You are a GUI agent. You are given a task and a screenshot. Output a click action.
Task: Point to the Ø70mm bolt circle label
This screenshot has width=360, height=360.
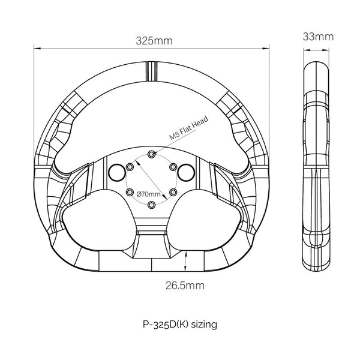(x=149, y=194)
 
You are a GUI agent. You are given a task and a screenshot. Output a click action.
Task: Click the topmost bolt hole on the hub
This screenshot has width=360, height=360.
(x=151, y=154)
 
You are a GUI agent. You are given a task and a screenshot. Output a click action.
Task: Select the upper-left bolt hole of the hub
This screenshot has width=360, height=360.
(x=130, y=166)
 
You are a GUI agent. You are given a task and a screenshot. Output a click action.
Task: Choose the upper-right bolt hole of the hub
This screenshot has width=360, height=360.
(x=173, y=166)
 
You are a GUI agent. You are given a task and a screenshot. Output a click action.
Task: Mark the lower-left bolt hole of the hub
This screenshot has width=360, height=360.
(x=130, y=192)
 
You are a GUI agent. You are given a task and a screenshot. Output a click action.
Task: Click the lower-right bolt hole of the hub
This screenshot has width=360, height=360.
(x=173, y=192)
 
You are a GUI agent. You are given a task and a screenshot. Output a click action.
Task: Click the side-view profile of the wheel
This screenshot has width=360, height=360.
(x=317, y=165)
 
